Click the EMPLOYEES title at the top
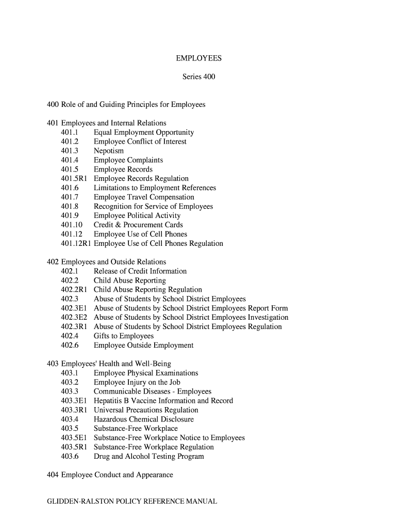point(198,58)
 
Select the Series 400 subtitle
point(198,77)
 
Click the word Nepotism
point(109,151)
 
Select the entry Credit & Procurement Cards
point(138,225)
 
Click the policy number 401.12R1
point(76,243)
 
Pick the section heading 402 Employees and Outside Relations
point(106,262)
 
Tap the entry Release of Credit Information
point(140,271)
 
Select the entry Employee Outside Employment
point(143,345)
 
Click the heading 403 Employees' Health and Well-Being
point(109,364)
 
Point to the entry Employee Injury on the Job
point(137,382)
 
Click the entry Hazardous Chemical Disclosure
point(144,419)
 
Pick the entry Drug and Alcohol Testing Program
point(149,457)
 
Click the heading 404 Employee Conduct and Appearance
point(110,475)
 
